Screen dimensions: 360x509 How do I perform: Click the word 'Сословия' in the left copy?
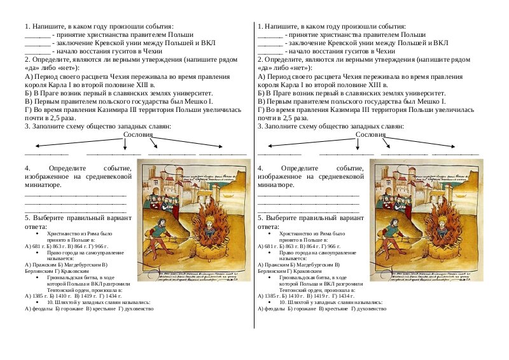[x=138, y=135]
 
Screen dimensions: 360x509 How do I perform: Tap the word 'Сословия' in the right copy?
[x=371, y=135]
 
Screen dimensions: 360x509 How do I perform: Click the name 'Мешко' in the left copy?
[x=195, y=101]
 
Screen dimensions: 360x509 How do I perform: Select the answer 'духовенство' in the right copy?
[x=372, y=308]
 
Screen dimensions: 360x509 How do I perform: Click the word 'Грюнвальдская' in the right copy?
[x=298, y=278]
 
